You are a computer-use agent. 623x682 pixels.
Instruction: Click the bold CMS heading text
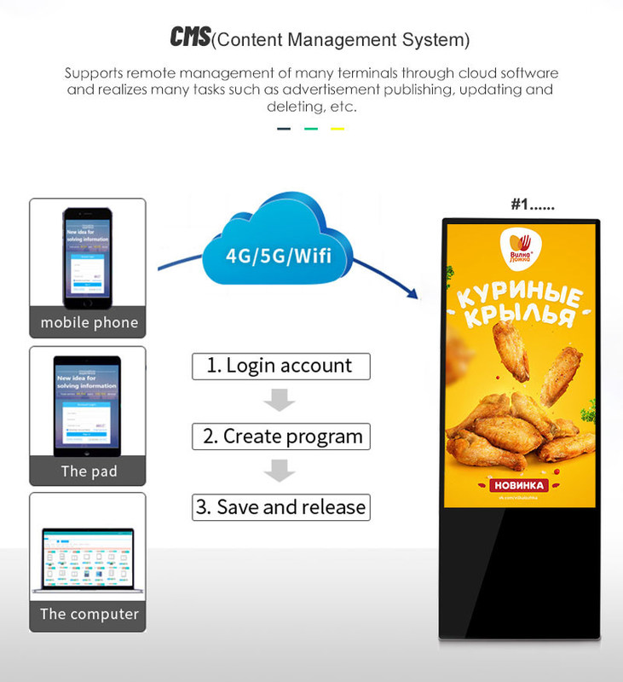[x=189, y=38]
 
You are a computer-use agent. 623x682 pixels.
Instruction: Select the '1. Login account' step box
[x=280, y=366]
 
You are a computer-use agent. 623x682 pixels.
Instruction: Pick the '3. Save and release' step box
[x=280, y=507]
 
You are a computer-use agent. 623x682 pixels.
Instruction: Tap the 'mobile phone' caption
[x=89, y=323]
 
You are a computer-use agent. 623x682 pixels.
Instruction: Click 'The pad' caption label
[x=89, y=471]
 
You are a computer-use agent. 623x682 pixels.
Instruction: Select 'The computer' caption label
[x=89, y=614]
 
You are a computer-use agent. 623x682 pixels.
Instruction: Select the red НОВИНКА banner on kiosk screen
[x=519, y=485]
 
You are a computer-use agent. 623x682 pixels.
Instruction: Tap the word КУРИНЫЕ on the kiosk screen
[x=520, y=298]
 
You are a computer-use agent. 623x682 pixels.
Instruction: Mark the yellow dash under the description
[x=337, y=129]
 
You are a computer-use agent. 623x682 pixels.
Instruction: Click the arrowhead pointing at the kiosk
[x=414, y=295]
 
